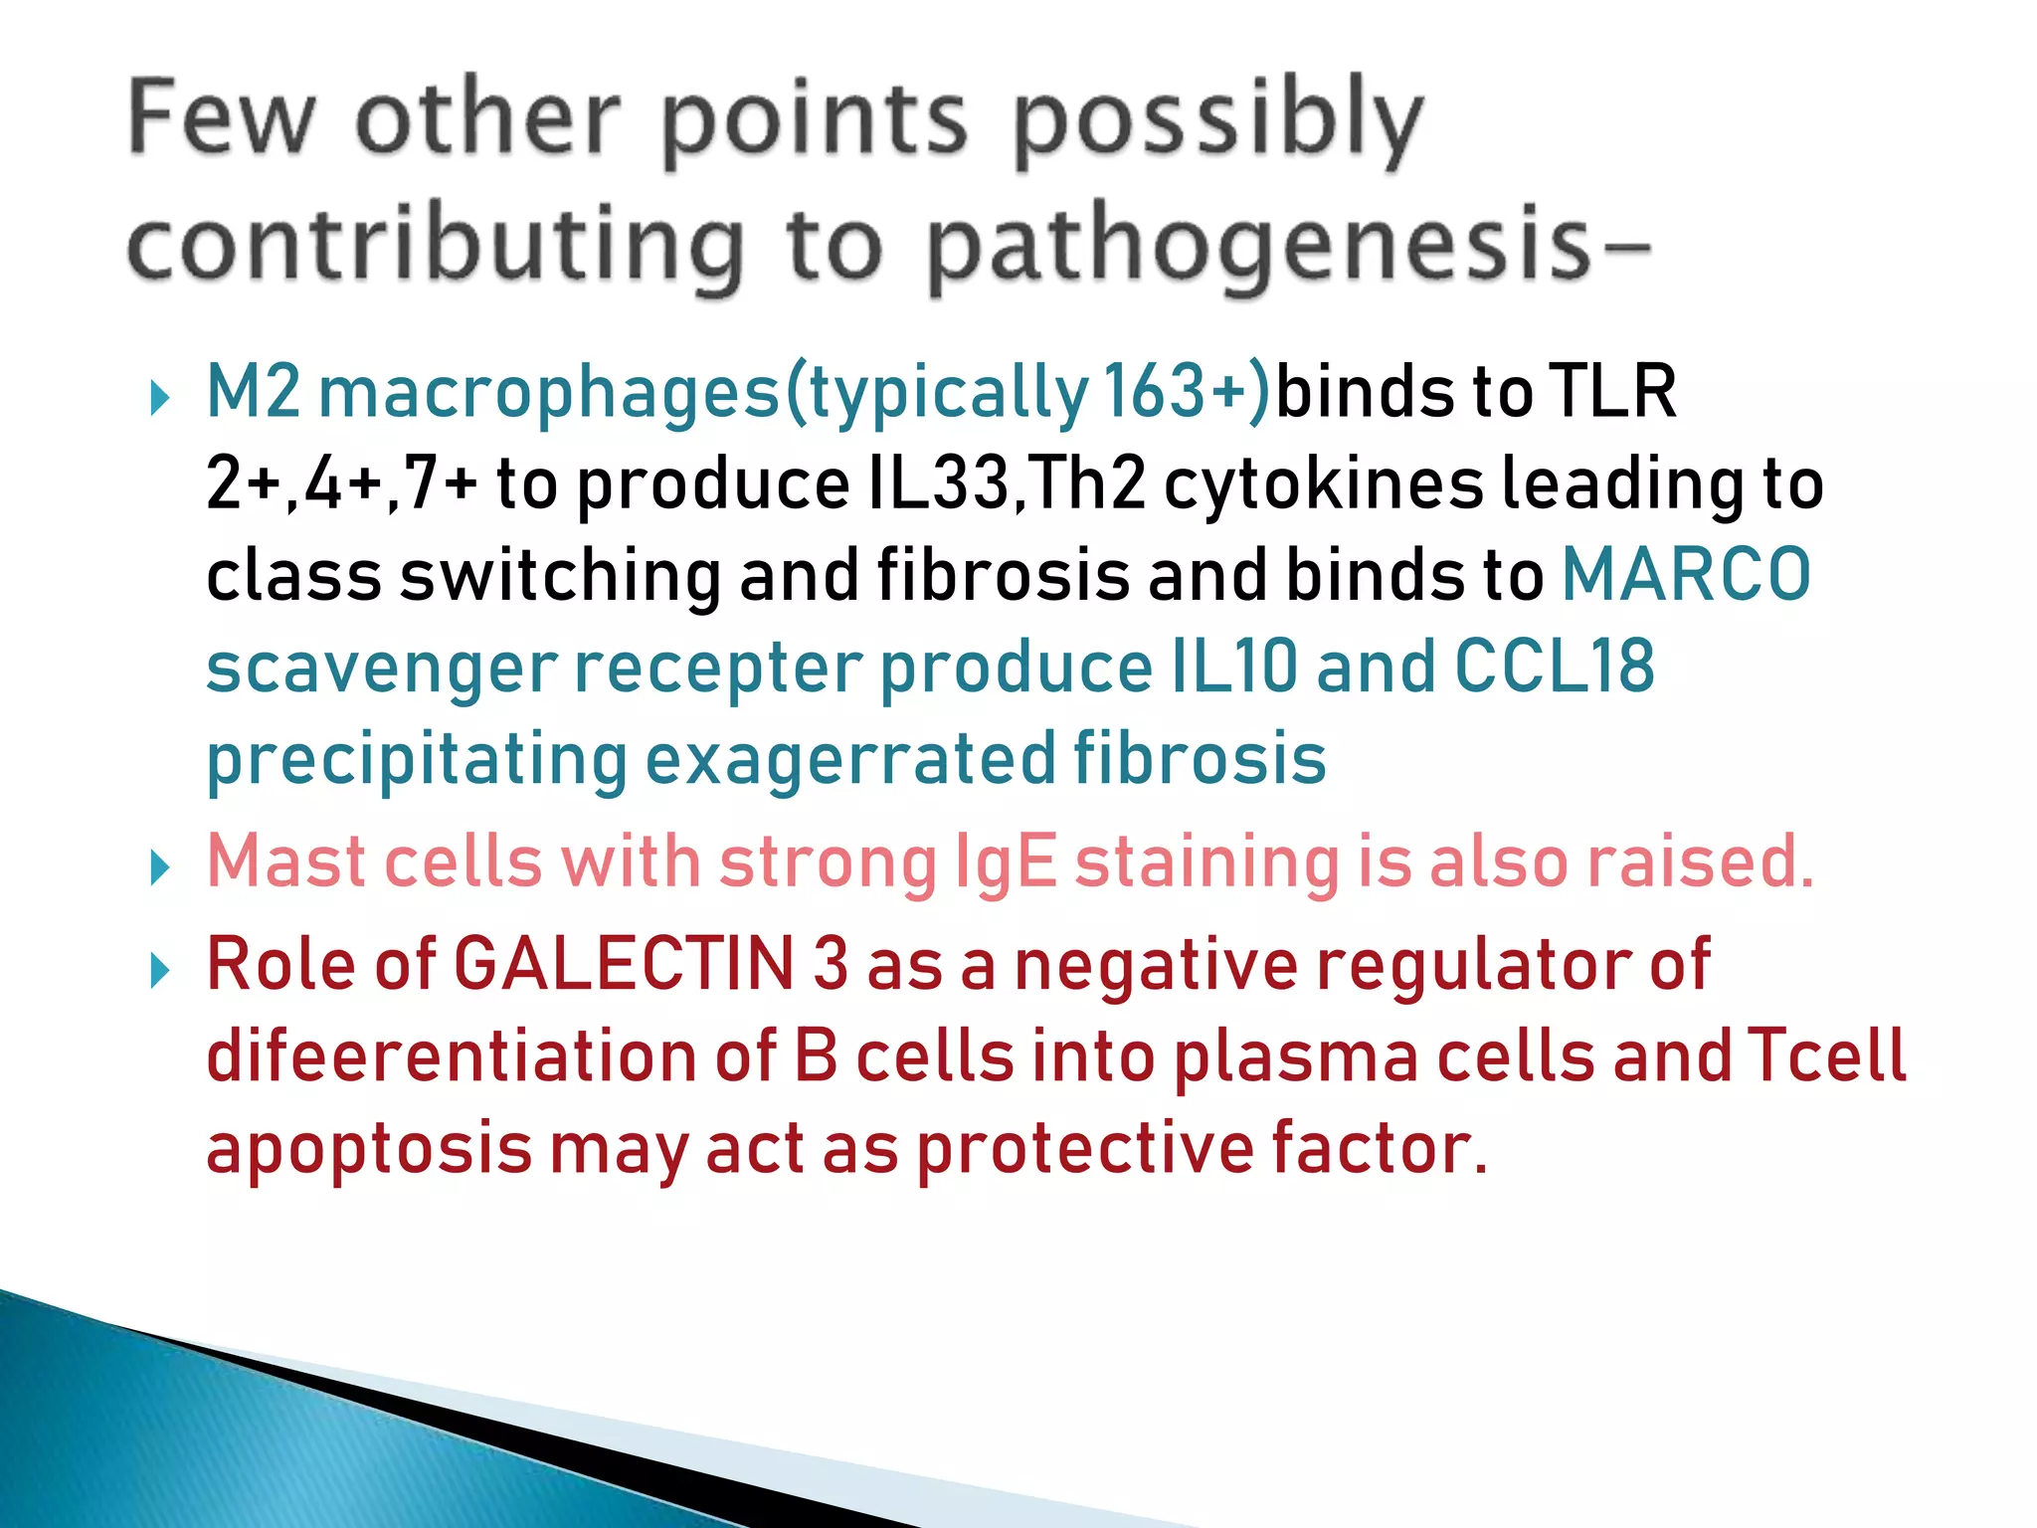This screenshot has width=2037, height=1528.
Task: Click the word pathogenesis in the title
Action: [x=1259, y=247]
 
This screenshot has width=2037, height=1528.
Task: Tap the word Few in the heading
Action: [x=221, y=119]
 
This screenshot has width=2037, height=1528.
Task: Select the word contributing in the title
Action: [x=436, y=247]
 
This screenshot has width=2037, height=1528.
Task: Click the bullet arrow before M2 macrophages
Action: [x=159, y=398]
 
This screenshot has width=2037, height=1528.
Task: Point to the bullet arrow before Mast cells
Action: [x=159, y=867]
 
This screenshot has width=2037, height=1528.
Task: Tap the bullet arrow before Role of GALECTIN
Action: [x=159, y=970]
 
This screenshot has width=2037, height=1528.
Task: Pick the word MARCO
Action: [x=1687, y=575]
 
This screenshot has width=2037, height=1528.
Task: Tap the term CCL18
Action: [x=1555, y=667]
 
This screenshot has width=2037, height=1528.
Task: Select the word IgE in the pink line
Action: [x=1005, y=861]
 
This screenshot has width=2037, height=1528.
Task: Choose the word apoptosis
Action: [x=368, y=1150]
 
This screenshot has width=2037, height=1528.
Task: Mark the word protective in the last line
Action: [x=1084, y=1150]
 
